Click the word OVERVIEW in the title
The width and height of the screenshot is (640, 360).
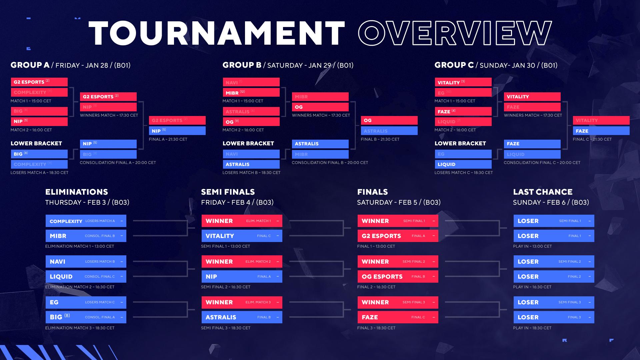[455, 33]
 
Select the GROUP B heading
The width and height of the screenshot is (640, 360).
[242, 65]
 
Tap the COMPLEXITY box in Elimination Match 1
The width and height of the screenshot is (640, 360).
[86, 221]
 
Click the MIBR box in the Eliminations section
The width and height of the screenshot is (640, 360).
[86, 236]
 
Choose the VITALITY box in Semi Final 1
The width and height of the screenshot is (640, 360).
[242, 236]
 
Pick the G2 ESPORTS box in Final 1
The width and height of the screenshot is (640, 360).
[398, 236]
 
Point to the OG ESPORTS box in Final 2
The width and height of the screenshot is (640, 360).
[398, 276]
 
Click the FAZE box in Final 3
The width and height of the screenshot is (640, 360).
[398, 317]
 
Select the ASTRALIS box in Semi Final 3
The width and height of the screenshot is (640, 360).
[242, 317]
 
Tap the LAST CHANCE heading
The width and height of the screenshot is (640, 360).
[543, 192]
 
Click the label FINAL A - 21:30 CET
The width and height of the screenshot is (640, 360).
[168, 139]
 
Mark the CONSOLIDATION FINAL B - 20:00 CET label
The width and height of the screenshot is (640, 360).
[330, 163]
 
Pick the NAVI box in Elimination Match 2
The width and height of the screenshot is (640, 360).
[86, 262]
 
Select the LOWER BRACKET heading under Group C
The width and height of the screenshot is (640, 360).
[460, 143]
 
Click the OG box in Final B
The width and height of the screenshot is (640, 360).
[389, 120]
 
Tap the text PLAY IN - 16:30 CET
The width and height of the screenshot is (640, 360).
[532, 287]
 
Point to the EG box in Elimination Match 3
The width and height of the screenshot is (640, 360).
[86, 302]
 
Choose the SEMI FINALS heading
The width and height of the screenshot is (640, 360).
[228, 192]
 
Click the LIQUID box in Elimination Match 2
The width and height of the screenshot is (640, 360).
[86, 276]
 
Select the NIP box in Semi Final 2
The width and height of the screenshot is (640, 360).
[242, 276]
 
